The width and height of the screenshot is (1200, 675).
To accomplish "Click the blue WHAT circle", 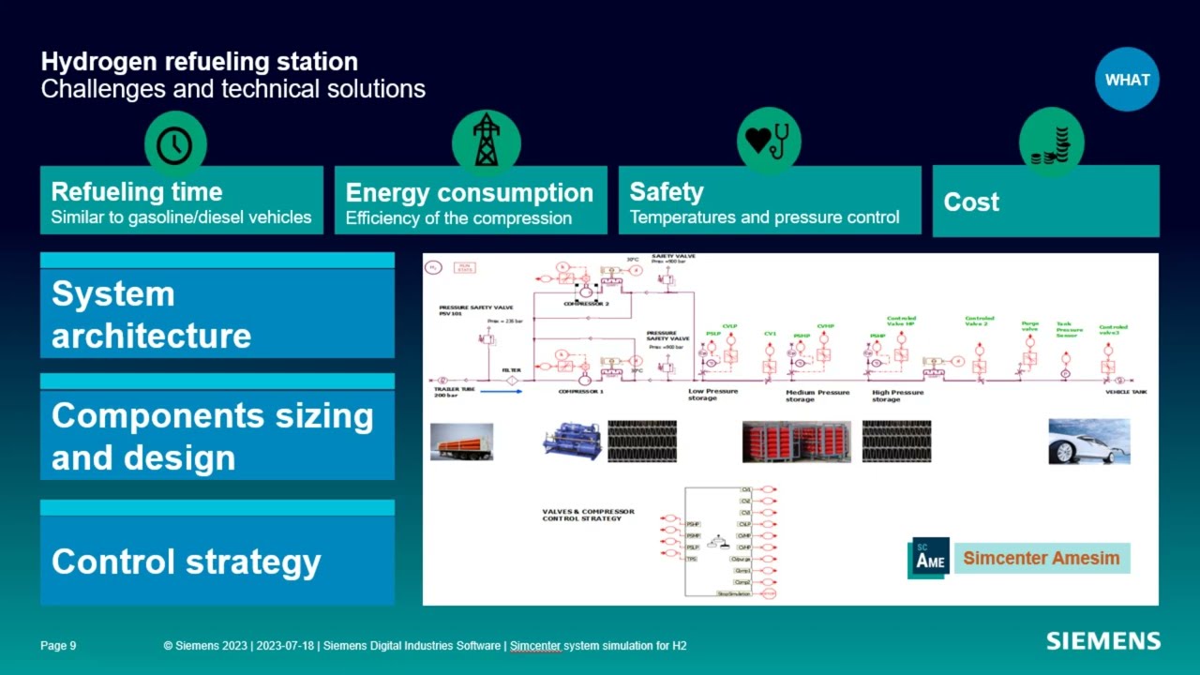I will (x=1127, y=80).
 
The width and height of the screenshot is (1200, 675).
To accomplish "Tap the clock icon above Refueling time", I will (x=174, y=144).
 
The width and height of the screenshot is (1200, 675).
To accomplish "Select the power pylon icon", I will (x=486, y=141).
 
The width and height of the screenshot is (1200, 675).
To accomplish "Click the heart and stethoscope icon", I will (x=768, y=140).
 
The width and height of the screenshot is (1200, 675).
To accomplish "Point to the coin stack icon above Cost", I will (x=1051, y=143).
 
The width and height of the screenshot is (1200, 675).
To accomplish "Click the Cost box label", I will (x=971, y=202).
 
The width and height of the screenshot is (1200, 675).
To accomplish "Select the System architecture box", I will (x=217, y=314).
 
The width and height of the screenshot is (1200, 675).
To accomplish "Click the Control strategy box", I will (x=217, y=561).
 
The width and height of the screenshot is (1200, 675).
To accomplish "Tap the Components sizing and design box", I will (x=217, y=436).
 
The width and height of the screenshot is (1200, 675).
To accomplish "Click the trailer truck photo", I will (x=461, y=442).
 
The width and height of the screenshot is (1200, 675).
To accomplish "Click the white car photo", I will (x=1088, y=442).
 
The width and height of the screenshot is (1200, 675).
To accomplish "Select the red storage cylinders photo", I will (x=797, y=442).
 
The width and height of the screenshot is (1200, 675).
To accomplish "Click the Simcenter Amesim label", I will (x=1041, y=559).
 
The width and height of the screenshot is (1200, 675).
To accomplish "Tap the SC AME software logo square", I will (x=929, y=559).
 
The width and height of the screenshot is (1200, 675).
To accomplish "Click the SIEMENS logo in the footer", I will (x=1102, y=641).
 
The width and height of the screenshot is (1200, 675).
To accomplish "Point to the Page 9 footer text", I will (x=58, y=646).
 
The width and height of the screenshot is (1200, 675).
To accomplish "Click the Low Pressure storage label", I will (x=712, y=395).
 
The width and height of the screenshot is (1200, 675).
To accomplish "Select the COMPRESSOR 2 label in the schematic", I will (x=586, y=304).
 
